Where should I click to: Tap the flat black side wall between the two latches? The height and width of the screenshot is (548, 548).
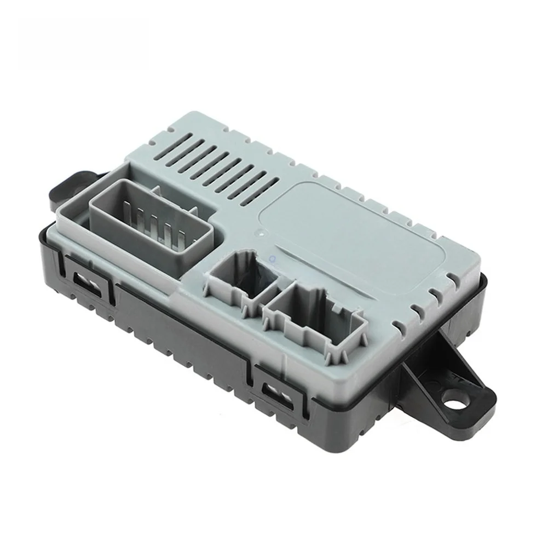point(181,334)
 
